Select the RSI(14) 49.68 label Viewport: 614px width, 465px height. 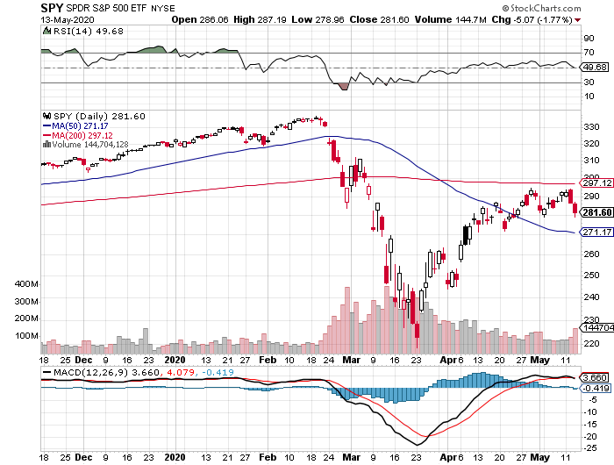click(x=77, y=30)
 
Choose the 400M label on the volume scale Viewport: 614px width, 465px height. click(x=27, y=285)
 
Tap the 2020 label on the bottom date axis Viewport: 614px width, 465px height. click(x=176, y=458)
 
